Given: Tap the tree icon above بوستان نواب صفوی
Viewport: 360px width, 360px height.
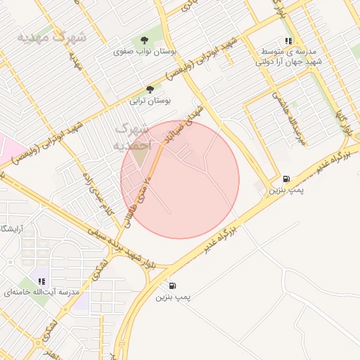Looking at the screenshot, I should click(x=145, y=40).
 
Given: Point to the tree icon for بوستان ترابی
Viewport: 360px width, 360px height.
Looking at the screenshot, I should click(x=150, y=89).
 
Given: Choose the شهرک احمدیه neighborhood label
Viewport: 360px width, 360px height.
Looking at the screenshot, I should click(x=131, y=136).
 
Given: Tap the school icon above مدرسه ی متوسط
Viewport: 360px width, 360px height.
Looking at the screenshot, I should click(x=288, y=41).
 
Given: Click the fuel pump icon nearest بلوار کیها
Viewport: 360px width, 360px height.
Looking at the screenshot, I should click(x=286, y=179).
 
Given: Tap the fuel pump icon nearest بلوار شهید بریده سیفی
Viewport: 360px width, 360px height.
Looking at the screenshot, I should click(x=172, y=286).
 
